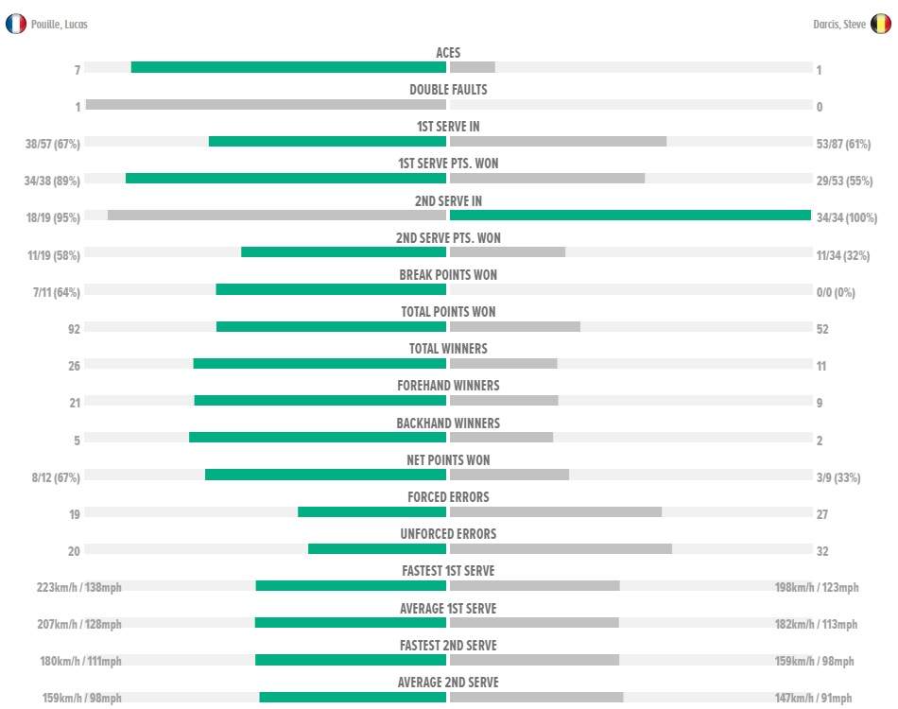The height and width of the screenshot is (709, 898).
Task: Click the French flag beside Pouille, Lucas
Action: tap(16, 24)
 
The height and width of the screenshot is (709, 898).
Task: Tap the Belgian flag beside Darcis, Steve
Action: tap(880, 25)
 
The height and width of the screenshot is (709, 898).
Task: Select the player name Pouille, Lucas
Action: tap(60, 25)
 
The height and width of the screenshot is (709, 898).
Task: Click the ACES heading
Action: tap(448, 53)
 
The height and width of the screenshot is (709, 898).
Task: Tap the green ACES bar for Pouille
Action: tap(288, 67)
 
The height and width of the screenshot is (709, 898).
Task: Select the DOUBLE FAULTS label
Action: tap(448, 90)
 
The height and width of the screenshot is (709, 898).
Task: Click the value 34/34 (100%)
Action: tap(843, 218)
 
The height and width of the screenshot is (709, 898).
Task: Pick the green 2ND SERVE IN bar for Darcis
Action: tap(630, 216)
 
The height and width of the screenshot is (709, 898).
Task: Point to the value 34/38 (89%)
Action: tap(54, 181)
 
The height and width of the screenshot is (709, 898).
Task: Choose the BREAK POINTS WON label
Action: tap(448, 275)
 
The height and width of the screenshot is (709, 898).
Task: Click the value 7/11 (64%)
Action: tap(56, 292)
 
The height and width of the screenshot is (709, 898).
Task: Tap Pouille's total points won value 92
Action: tap(74, 329)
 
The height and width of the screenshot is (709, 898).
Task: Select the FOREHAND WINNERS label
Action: tap(448, 386)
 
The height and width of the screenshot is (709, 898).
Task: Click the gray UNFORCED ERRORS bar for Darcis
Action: tap(561, 548)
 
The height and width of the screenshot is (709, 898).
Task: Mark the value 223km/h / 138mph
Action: tap(79, 588)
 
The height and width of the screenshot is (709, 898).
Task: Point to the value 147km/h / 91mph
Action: tap(814, 699)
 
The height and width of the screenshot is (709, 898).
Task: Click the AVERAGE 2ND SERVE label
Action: tap(448, 682)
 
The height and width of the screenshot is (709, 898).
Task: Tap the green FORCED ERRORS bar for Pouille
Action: tap(371, 511)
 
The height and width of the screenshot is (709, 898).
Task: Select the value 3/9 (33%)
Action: tap(838, 477)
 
